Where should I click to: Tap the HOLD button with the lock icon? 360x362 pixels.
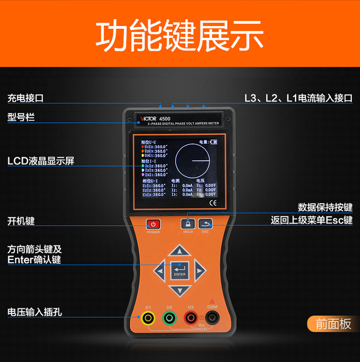pyautogui.click(x=187, y=223)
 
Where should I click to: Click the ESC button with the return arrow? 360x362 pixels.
pyautogui.click(x=205, y=223)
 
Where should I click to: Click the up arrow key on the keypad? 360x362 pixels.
pyautogui.click(x=179, y=251)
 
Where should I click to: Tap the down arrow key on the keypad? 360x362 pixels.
pyautogui.click(x=179, y=290)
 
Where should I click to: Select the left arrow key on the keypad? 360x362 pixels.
pyautogui.click(x=159, y=271)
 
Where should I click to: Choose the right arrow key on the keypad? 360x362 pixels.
pyautogui.click(x=199, y=271)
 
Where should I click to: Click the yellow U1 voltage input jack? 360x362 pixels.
pyautogui.click(x=148, y=317)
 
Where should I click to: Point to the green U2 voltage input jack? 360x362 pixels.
pyautogui.click(x=169, y=317)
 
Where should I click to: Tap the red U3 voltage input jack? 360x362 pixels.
pyautogui.click(x=191, y=317)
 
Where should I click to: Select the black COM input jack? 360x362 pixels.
pyautogui.click(x=212, y=317)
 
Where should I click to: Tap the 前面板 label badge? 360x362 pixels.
pyautogui.click(x=333, y=324)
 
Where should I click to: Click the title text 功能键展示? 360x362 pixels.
pyautogui.click(x=180, y=36)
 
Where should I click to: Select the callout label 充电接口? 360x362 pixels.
pyautogui.click(x=25, y=98)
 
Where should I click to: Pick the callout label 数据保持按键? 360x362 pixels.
pyautogui.click(x=325, y=207)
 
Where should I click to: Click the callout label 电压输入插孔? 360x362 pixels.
pyautogui.click(x=35, y=312)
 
